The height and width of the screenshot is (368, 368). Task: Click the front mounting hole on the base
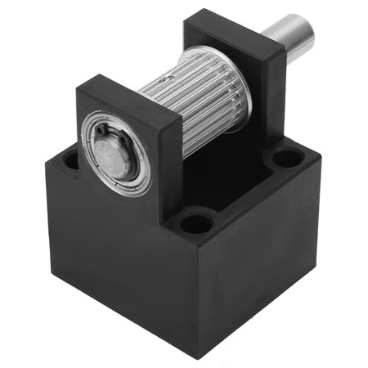[196, 220]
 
